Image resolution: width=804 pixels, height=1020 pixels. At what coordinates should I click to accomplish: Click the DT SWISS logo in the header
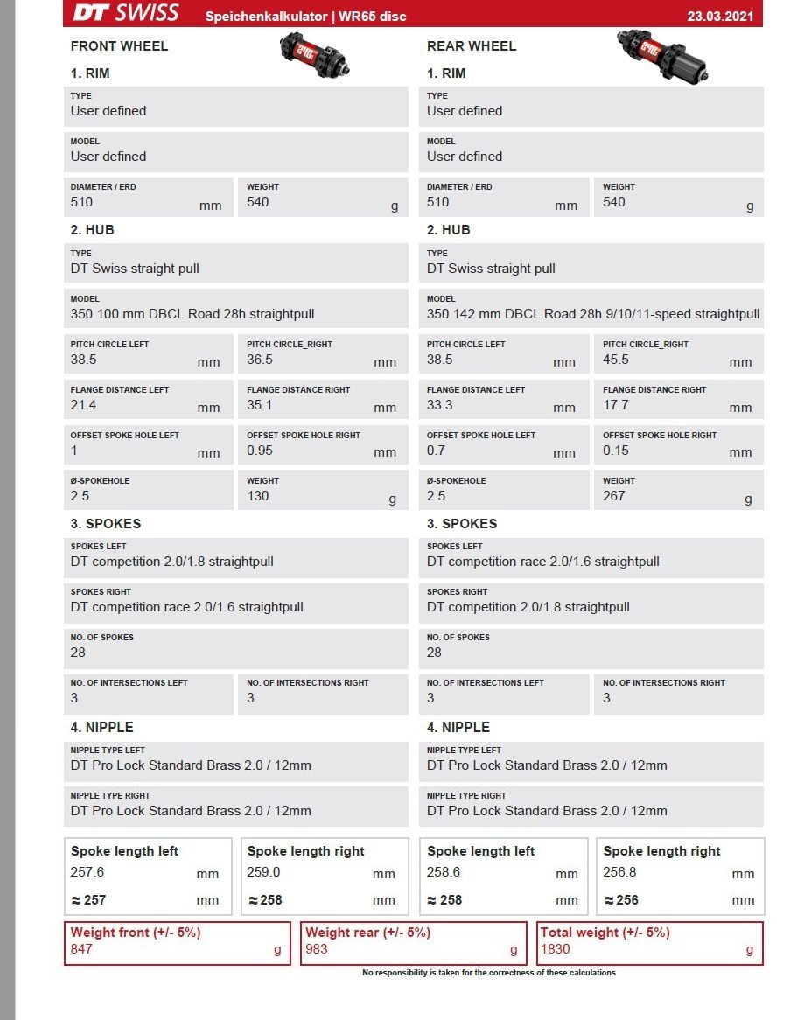coord(126,13)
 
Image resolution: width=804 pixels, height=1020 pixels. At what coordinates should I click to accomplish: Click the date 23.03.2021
coord(720,16)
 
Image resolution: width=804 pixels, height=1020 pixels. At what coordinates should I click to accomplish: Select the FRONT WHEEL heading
coord(119,46)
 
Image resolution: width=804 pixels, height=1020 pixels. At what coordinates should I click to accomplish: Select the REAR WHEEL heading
coord(472,46)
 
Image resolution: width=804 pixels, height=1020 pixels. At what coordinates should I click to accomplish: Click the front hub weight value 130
coord(258,496)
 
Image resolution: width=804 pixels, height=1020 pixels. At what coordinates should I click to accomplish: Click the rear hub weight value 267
coord(614,496)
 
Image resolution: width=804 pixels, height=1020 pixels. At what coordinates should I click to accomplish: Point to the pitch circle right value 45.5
coord(616,360)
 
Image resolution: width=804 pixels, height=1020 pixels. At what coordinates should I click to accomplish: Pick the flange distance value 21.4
coord(83,405)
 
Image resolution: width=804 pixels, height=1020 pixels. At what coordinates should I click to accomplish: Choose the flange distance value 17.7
coord(616,405)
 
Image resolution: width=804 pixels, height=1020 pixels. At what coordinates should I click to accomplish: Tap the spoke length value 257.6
coord(87,872)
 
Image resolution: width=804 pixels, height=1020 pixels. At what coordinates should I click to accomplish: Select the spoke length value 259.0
coord(264,872)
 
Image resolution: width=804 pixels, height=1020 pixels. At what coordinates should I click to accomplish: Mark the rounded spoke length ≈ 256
coord(620,899)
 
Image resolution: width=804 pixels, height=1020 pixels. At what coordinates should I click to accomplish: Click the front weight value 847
coord(81,948)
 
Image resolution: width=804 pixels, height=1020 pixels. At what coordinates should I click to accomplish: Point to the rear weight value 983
coord(317,948)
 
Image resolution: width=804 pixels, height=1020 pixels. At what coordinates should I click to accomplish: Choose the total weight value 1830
coord(556,948)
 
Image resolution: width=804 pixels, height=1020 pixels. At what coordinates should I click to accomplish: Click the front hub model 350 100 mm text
coord(192,314)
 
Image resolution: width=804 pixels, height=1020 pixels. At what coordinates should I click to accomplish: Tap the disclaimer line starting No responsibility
coord(489,973)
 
